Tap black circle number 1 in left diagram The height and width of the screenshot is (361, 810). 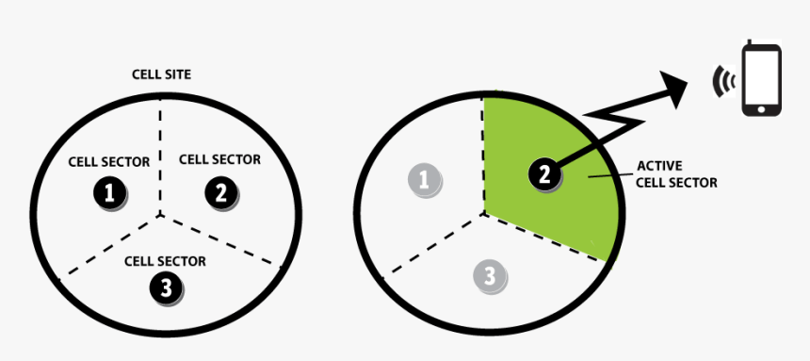(110, 193)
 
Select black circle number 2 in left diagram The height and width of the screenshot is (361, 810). (220, 193)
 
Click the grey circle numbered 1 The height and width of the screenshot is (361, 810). (424, 179)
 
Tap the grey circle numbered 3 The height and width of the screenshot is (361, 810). (489, 276)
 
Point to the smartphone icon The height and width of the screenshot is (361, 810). (761, 80)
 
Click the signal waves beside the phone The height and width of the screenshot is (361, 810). (722, 82)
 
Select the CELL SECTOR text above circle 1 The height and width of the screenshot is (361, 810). (108, 162)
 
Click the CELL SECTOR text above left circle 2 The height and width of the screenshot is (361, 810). (219, 160)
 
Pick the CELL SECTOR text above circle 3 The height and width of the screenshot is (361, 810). (165, 261)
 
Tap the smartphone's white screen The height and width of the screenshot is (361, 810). (761, 76)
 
